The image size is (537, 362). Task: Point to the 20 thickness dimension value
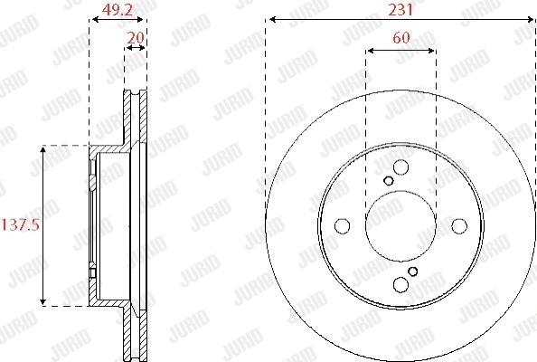coord(136,37)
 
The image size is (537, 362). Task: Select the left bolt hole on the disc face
coord(343,226)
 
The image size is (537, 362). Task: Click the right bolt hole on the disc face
coord(458,226)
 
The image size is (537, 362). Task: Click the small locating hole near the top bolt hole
coord(389,180)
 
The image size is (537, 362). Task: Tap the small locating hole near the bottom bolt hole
coord(413,271)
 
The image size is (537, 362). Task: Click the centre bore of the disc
coord(400,226)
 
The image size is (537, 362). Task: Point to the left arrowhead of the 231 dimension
coord(269,19)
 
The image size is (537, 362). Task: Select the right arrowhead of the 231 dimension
coord(532,19)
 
